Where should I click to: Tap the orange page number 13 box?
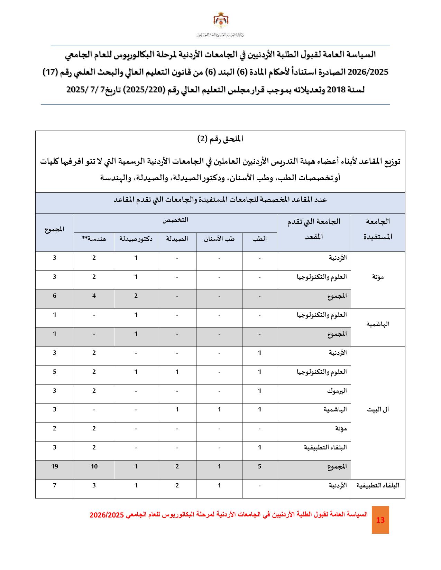tap(380, 520)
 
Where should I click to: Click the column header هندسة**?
tap(94, 239)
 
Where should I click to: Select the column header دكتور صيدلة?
tap(136, 239)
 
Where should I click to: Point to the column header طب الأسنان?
tap(219, 239)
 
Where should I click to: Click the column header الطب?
tap(260, 239)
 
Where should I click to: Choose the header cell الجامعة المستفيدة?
tap(378, 229)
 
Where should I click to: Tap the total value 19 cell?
tap(55, 466)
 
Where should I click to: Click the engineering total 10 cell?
tap(94, 466)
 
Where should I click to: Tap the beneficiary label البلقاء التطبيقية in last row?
tap(378, 485)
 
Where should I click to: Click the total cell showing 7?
tap(55, 485)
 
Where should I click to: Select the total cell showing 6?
tap(55, 296)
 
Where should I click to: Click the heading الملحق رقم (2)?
tap(220, 139)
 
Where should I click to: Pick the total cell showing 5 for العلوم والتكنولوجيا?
tap(55, 372)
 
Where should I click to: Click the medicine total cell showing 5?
tap(260, 466)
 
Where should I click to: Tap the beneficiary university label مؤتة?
tap(378, 277)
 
